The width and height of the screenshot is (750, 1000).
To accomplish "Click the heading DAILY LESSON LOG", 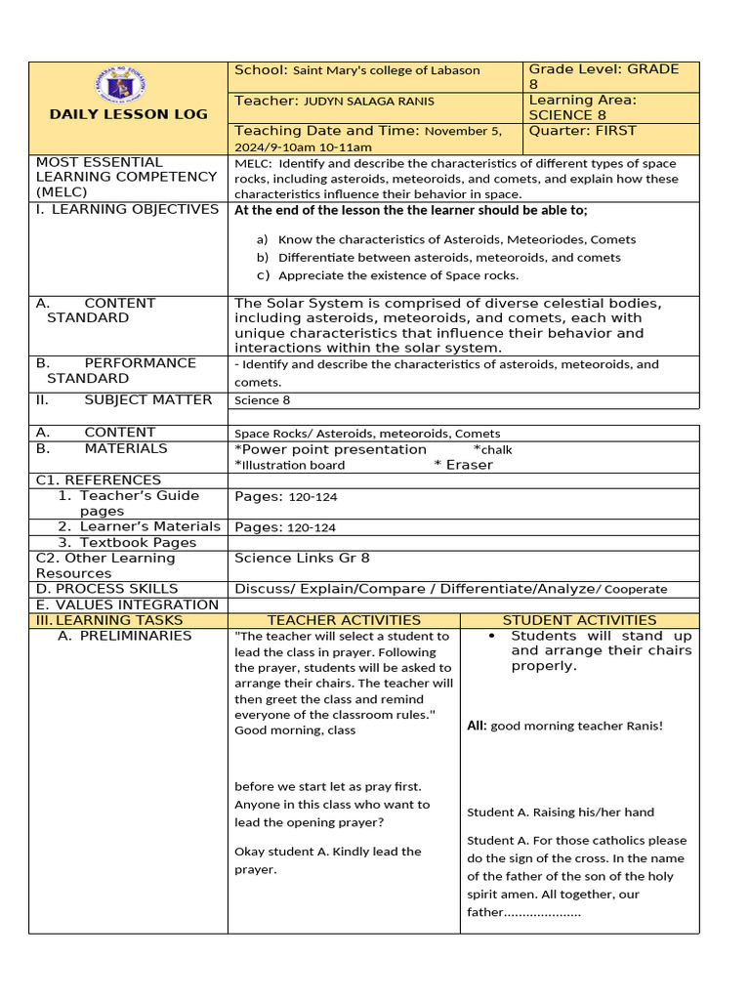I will click(128, 114).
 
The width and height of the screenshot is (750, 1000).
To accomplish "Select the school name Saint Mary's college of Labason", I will click(386, 70).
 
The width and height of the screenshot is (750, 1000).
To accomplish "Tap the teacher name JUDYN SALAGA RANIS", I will click(369, 102).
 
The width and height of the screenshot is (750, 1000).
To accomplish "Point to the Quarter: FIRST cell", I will click(582, 131).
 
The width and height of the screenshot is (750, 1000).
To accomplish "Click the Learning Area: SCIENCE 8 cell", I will click(582, 107).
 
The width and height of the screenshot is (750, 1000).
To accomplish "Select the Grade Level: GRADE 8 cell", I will click(603, 76).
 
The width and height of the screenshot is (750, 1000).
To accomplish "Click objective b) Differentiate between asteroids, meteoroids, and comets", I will click(448, 258).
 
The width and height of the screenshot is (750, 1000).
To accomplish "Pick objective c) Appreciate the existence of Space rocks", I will click(397, 275).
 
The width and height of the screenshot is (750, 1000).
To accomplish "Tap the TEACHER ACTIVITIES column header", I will click(344, 620).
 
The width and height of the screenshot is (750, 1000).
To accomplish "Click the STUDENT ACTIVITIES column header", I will click(579, 620).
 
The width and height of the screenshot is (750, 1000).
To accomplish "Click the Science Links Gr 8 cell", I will click(302, 559).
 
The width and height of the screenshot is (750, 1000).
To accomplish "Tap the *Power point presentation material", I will click(331, 449).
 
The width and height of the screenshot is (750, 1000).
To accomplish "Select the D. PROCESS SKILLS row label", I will click(106, 589).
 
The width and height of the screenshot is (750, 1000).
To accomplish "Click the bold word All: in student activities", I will click(477, 726).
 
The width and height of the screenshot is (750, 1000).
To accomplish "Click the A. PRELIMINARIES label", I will click(124, 636).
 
